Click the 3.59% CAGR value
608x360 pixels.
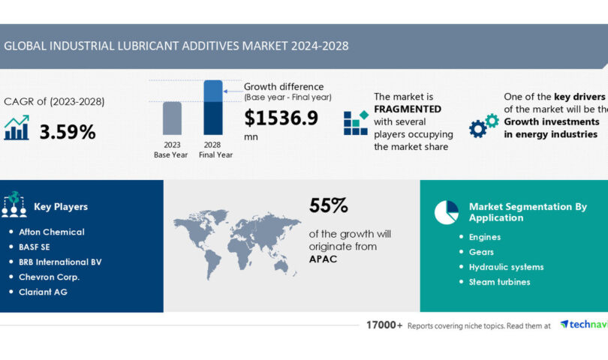(x=68, y=132)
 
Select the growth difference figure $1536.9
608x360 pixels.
(x=281, y=118)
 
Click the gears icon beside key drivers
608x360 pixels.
(x=483, y=125)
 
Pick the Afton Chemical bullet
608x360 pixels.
(x=51, y=232)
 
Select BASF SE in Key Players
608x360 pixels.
(x=39, y=247)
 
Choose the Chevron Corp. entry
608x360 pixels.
(x=49, y=277)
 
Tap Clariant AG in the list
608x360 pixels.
(x=43, y=292)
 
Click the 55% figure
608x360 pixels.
(x=329, y=205)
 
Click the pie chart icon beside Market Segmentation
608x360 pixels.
(x=447, y=212)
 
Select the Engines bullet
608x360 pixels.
(x=484, y=237)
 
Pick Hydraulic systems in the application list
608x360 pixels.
(x=506, y=267)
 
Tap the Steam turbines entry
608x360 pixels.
(x=499, y=282)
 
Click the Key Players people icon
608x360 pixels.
(x=14, y=205)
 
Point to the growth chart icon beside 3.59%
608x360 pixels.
(x=17, y=128)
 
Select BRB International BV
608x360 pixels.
(x=60, y=262)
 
